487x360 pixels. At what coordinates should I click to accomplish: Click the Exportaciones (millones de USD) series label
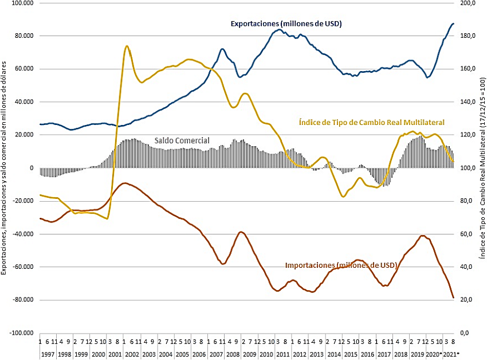click(x=286, y=24)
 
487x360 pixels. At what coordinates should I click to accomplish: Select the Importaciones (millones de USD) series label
click(x=341, y=265)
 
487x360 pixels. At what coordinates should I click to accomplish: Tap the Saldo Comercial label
click(x=182, y=140)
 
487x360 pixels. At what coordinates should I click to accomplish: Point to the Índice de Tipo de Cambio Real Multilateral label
click(x=372, y=122)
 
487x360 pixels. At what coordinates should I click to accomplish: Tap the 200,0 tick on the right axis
click(x=468, y=3)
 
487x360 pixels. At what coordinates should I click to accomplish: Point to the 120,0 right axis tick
click(x=468, y=135)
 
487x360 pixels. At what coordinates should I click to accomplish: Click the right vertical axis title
click(x=481, y=172)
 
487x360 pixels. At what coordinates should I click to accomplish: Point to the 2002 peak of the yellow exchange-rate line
click(x=126, y=46)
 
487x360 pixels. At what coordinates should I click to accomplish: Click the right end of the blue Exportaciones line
click(x=453, y=24)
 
